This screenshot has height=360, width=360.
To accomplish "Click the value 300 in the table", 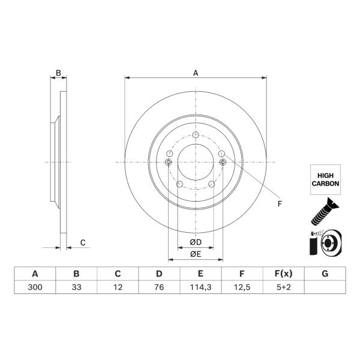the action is tap(35, 287).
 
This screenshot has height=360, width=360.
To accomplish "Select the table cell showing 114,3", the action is tap(200, 287).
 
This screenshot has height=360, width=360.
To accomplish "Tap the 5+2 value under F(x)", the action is tap(284, 287).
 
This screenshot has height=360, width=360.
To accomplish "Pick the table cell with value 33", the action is tap(76, 287).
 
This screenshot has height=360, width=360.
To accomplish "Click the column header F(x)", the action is tap(284, 274).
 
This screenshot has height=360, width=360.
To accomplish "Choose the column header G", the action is tap(325, 274).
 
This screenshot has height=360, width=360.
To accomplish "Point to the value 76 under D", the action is tap(159, 287).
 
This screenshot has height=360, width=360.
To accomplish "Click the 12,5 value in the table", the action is tap(242, 287).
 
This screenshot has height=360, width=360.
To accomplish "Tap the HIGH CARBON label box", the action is tap(325, 179).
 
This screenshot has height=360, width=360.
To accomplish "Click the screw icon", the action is tap(325, 211).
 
